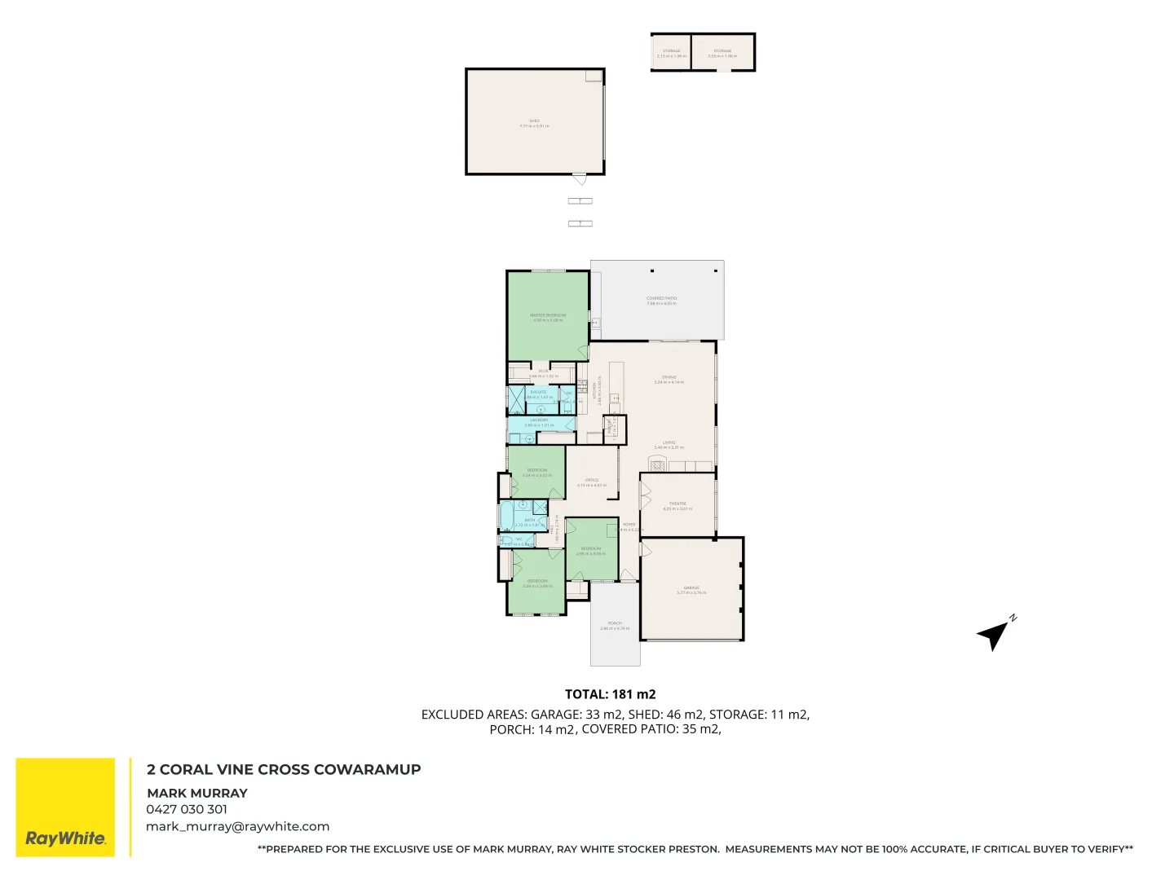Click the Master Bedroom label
548,317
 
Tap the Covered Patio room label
661,300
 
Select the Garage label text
691,590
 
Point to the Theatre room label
677,506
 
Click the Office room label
592,482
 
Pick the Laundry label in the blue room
539,422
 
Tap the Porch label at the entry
615,626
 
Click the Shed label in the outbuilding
534,123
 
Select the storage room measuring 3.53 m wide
722,53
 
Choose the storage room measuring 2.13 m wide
671,53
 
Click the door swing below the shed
579,178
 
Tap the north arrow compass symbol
995,632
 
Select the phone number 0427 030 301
187,809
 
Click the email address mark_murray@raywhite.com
237,826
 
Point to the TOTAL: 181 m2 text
610,694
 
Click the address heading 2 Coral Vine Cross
284,769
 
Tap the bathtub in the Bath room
505,516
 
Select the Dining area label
669,380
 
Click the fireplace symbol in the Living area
658,464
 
